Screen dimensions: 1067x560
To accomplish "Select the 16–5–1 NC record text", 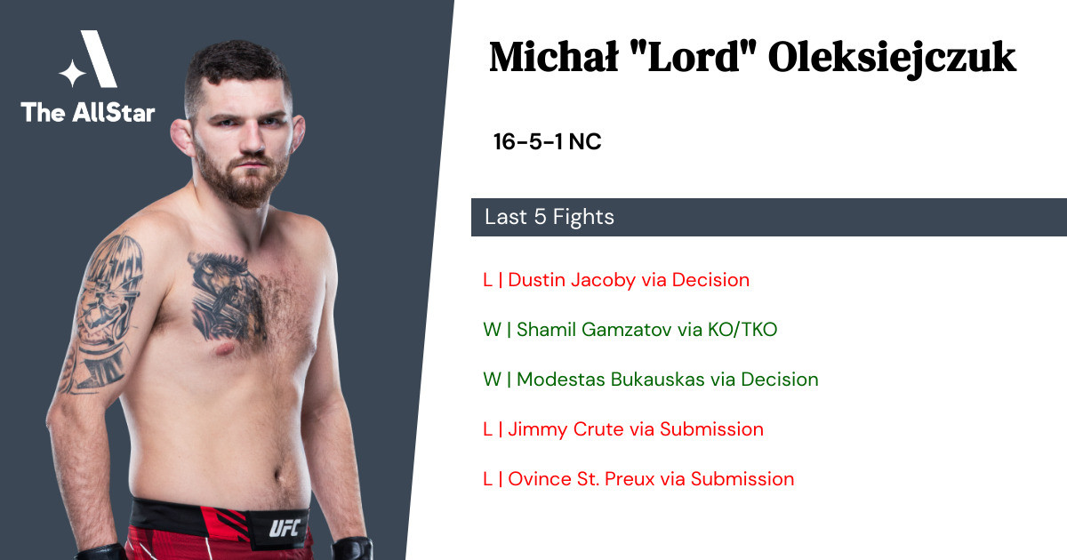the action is coord(548,141).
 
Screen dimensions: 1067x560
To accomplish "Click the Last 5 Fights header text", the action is coord(550,217).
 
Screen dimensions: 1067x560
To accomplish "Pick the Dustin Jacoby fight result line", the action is coord(616,280).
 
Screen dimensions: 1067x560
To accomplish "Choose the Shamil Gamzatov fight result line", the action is coord(630,330).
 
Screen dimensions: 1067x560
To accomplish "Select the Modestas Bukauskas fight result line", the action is coord(650,380).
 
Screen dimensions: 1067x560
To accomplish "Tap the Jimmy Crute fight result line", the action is coord(623,429).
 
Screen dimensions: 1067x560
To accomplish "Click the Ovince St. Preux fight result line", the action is coord(638,479).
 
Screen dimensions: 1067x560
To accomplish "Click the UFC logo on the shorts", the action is coord(285,528).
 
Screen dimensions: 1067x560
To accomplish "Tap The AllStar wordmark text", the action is coord(88,112).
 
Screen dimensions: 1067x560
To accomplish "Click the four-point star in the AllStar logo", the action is coord(72,73).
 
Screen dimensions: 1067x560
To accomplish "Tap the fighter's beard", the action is coord(242,177).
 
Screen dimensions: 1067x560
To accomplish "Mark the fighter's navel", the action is coord(278,476).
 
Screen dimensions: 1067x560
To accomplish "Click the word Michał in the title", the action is coord(553,57).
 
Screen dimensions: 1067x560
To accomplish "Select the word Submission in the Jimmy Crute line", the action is coord(711,429).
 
